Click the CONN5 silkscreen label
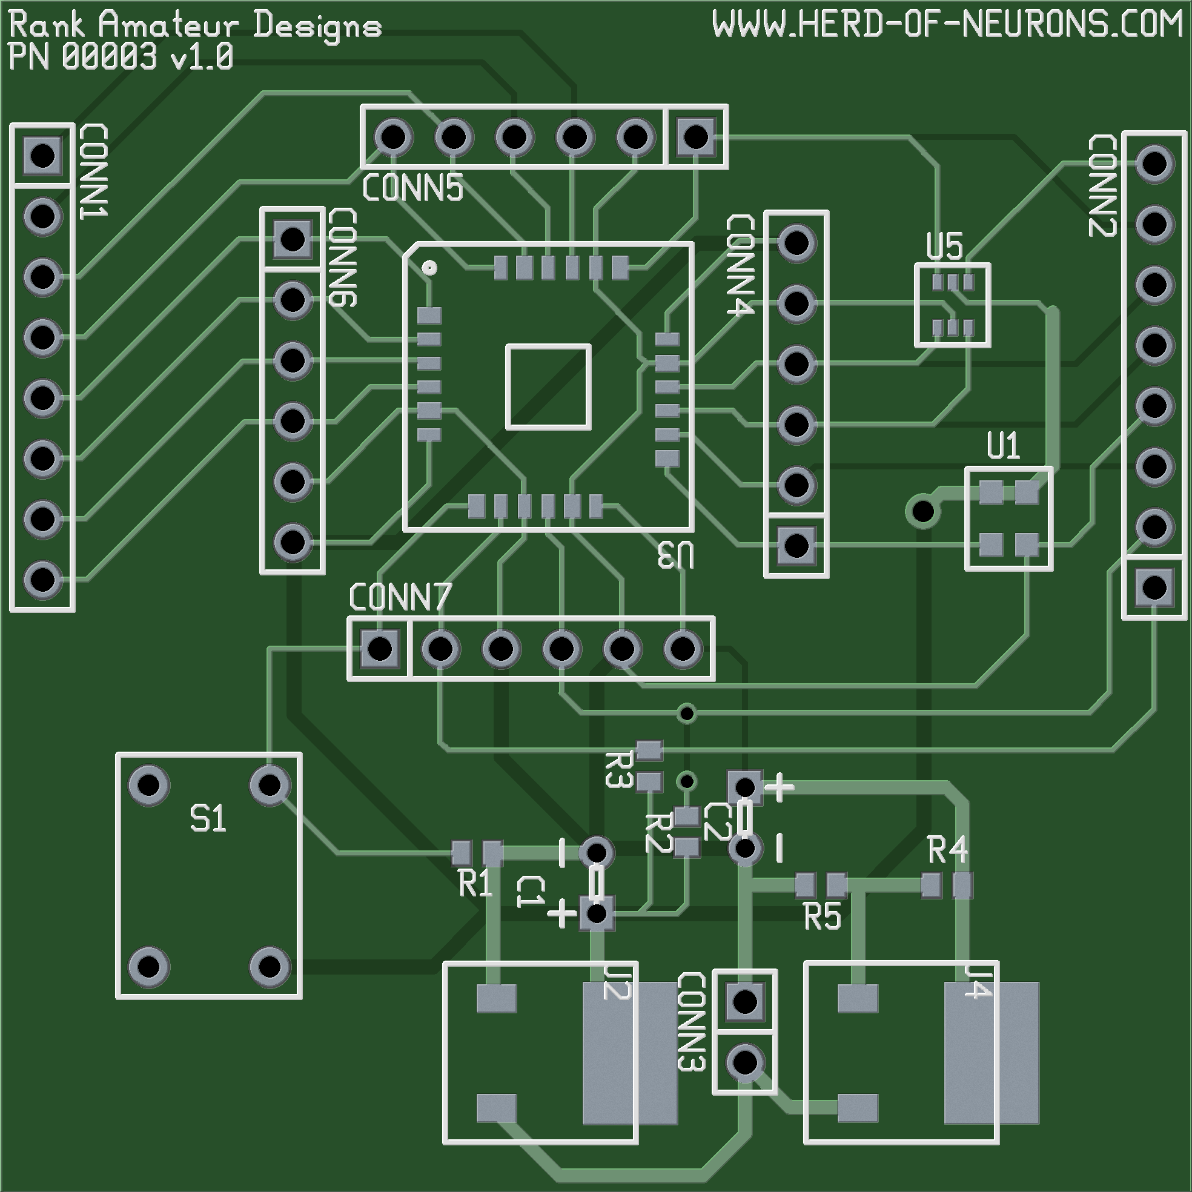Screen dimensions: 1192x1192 tap(412, 188)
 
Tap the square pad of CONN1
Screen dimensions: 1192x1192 tap(42, 156)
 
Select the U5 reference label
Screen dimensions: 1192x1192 tap(945, 247)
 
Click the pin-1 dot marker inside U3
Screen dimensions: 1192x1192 tap(429, 268)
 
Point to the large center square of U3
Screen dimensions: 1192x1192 tap(549, 387)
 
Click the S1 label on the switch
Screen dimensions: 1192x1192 tap(208, 819)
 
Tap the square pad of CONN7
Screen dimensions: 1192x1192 tap(379, 649)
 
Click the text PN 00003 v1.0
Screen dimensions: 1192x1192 tap(121, 58)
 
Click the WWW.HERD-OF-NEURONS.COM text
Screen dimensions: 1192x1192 tap(947, 25)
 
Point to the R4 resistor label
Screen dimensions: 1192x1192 tap(947, 850)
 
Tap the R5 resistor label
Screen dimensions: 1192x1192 tap(823, 917)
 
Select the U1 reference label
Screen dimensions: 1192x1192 tap(1002, 446)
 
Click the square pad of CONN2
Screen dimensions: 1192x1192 tap(1154, 587)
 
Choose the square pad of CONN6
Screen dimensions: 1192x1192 tap(292, 239)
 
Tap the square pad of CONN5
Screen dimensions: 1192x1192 tap(695, 136)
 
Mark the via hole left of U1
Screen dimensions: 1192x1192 tap(923, 511)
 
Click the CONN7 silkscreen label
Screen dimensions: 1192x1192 tap(400, 597)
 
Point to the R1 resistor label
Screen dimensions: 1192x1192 tap(475, 884)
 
